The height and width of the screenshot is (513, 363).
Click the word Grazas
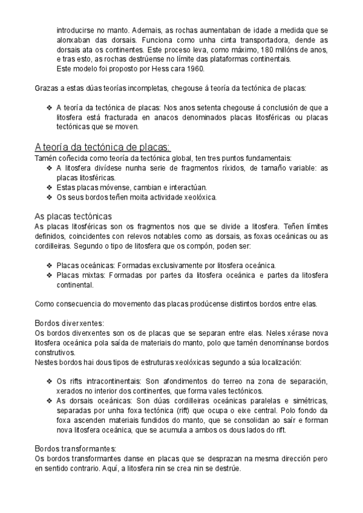pos(47,90)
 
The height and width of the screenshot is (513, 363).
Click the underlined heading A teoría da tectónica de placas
pos(103,148)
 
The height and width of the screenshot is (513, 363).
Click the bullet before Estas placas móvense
pos(50,188)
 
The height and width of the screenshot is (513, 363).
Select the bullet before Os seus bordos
pos(50,197)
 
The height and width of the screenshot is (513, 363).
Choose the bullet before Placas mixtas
pos(50,275)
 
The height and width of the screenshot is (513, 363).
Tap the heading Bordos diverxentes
pos(70,322)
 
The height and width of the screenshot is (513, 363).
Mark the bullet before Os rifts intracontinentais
pos(50,381)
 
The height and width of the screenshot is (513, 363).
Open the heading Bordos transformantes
pos(76,448)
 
